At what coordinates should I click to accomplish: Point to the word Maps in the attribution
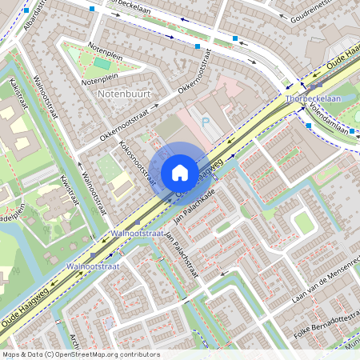coord(11,354)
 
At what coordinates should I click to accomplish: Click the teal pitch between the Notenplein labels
coord(102,62)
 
